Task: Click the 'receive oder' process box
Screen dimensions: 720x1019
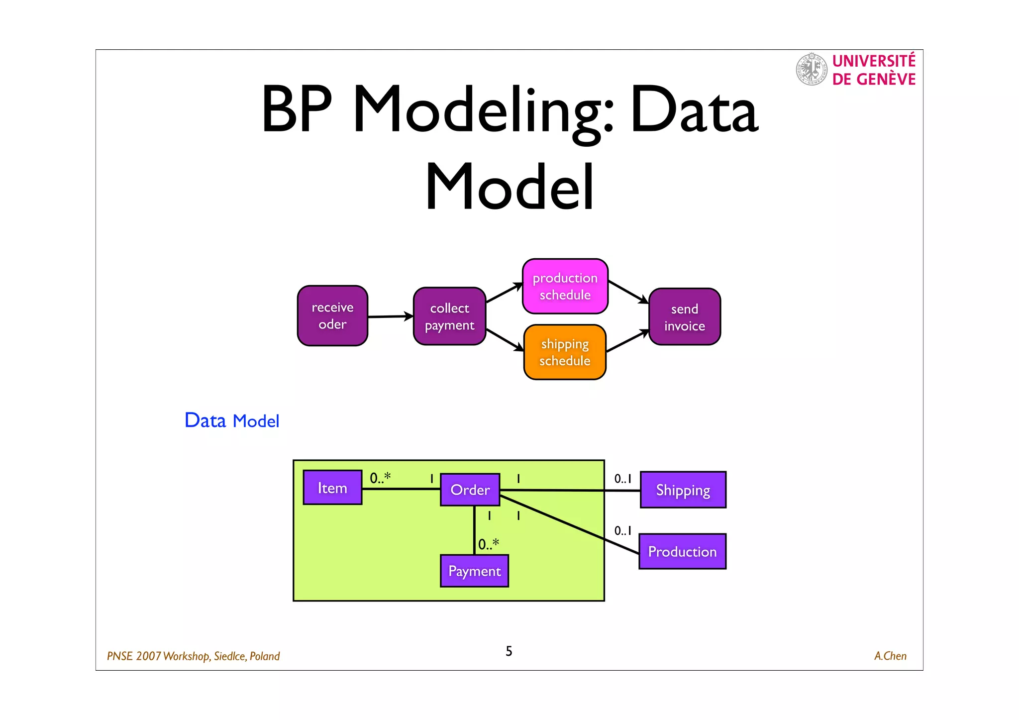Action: coord(332,316)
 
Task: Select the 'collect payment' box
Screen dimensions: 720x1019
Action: coord(449,316)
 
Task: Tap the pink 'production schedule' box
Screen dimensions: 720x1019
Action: coord(565,287)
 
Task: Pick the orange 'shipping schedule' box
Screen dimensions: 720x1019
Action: coord(565,352)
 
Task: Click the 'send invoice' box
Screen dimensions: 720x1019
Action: coord(684,317)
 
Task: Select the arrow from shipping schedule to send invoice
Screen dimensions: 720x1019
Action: coord(627,341)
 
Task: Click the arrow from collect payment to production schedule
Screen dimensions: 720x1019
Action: coord(504,293)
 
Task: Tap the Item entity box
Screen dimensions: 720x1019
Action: coord(332,488)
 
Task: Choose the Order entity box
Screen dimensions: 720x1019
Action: coord(470,490)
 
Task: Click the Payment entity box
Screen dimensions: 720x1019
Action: coord(474,571)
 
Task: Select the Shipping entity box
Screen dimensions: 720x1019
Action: coord(683,490)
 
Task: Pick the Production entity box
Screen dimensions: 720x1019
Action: coord(682,551)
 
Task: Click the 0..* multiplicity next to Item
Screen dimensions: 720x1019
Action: coord(380,478)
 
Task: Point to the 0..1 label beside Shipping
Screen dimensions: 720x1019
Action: coord(622,479)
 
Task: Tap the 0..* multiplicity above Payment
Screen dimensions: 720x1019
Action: coord(488,544)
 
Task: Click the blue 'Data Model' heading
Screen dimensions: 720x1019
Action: coord(232,421)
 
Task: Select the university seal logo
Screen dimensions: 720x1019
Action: coord(812,69)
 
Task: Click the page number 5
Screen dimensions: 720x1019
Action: coord(509,651)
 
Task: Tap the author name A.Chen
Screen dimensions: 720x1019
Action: coord(890,656)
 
